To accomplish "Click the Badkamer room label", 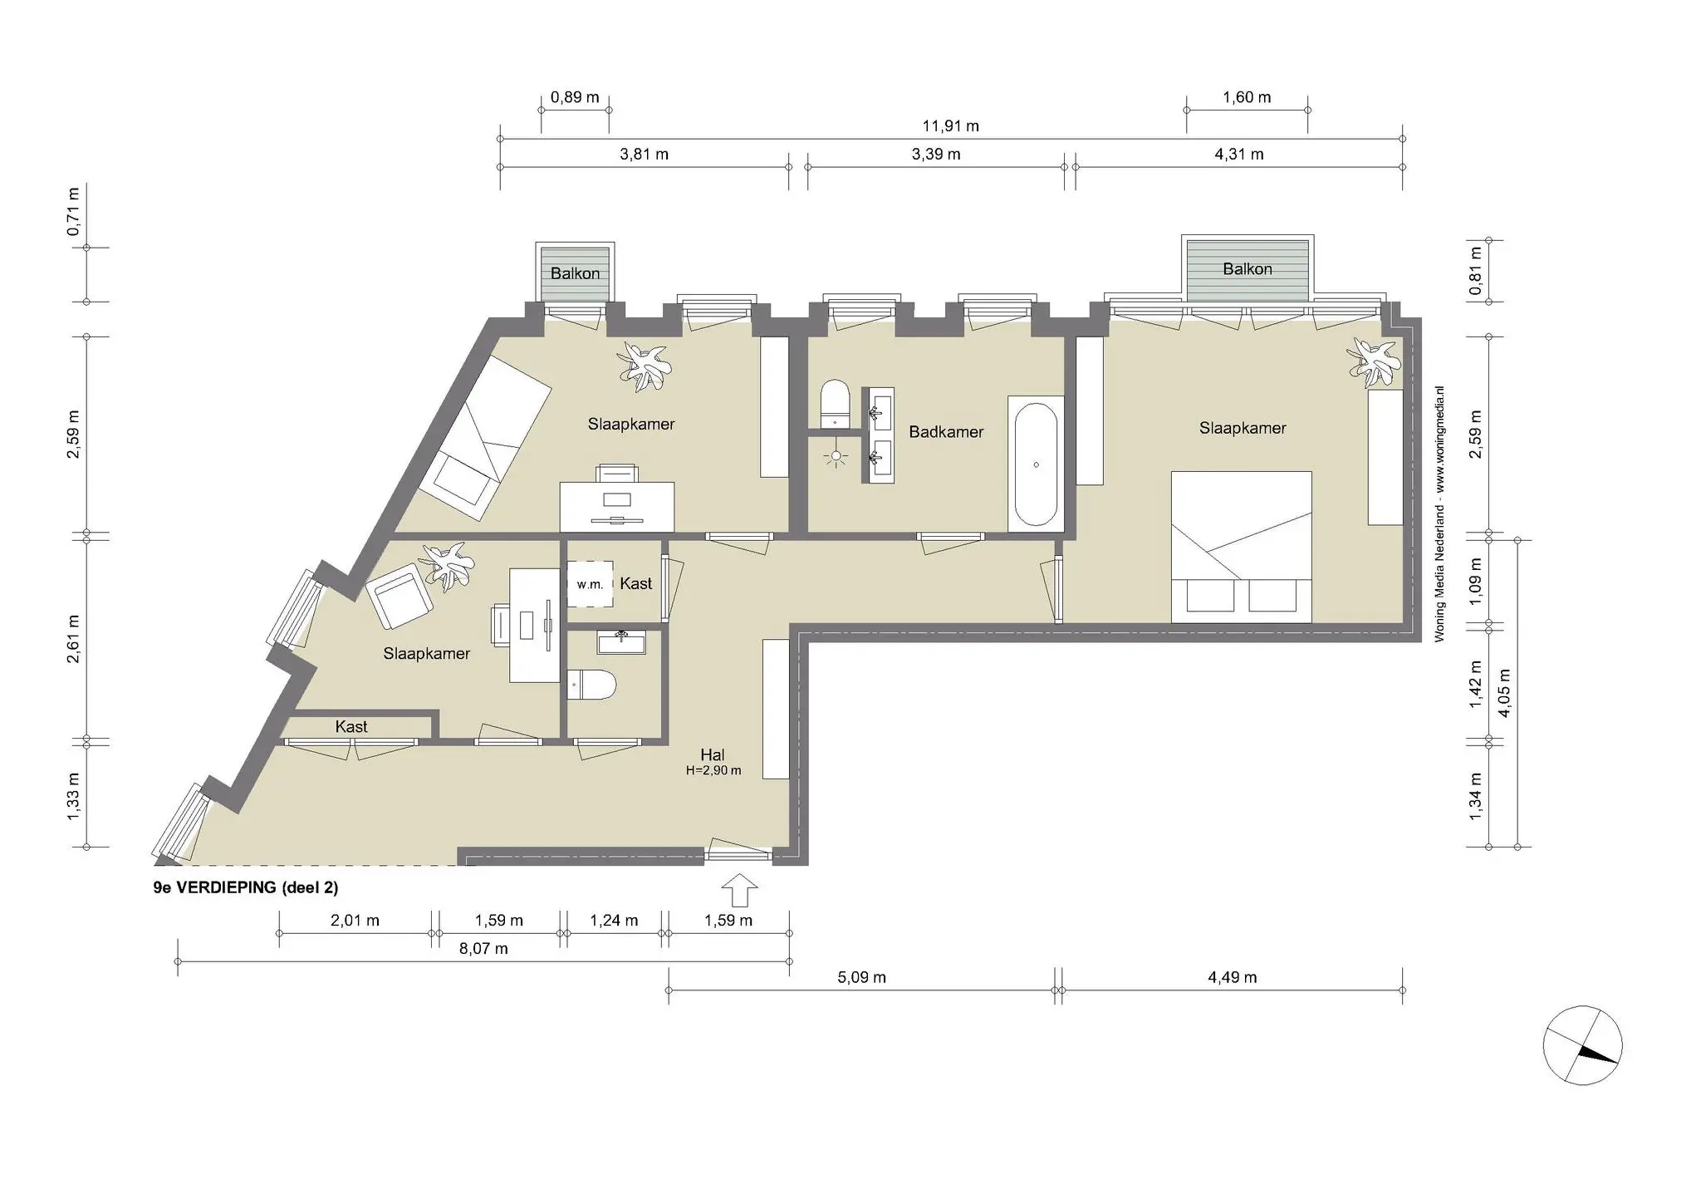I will pos(945,432).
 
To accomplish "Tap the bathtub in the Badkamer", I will pos(1035,464).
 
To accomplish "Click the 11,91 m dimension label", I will pos(950,126).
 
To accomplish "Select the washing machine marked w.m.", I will pos(590,584).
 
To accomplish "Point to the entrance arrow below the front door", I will pos(738,891).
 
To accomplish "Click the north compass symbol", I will pos(1582,1045).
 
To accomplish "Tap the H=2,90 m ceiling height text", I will pos(713,771).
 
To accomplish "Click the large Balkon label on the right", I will pos(1247,269).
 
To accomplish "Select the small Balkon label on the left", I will pos(575,273).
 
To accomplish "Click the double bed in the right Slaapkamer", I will pos(1241,547).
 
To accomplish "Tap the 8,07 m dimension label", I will pos(483,949).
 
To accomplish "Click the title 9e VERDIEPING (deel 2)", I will pos(246,887).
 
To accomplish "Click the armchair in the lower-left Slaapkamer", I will pos(399,595).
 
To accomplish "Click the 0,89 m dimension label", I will pos(575,97).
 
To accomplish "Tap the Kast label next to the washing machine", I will pos(635,584).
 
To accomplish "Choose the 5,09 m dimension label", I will pos(861,978).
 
